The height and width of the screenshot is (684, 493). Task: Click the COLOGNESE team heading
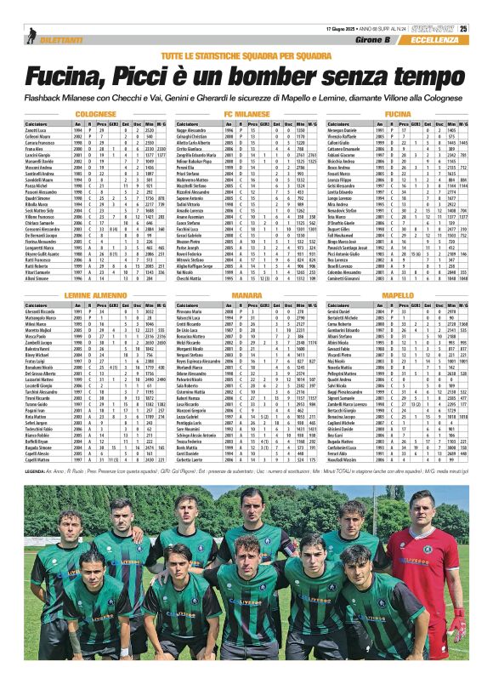pyautogui.click(x=95, y=113)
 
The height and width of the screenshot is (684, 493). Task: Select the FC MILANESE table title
pyautogui.click(x=246, y=113)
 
